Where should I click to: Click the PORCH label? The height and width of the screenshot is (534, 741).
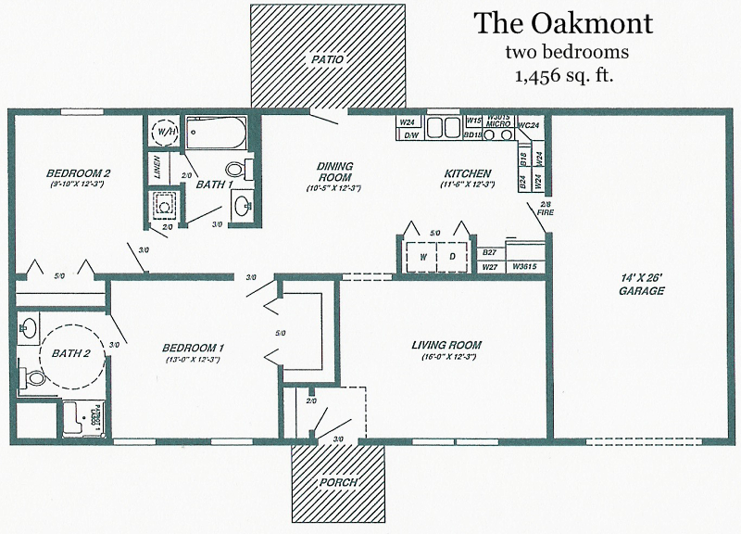338,482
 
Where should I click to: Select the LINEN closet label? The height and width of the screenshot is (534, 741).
156,168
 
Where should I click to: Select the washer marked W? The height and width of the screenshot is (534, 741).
422,257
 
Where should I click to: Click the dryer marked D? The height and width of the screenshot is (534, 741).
453,257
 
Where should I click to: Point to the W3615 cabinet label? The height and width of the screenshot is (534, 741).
524,267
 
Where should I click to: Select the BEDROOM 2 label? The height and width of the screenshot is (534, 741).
54,173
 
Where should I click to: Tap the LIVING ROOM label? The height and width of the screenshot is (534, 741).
446,345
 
